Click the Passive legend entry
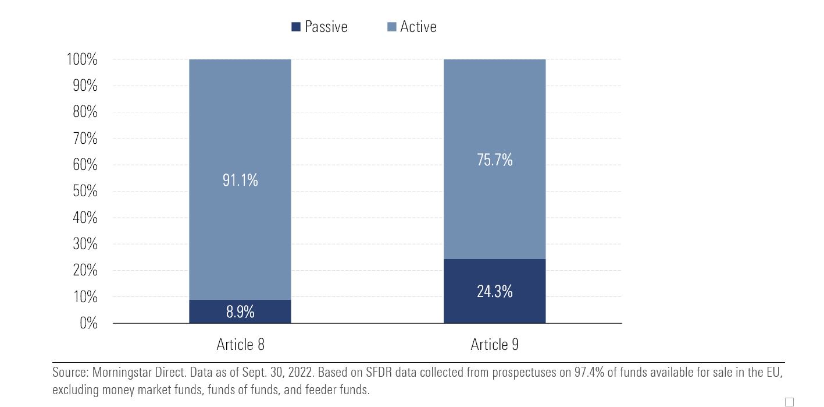pyautogui.click(x=319, y=27)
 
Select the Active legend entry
pyautogui.click(x=411, y=27)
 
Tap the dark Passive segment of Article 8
pyautogui.click(x=240, y=312)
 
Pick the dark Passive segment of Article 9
pyautogui.click(x=494, y=291)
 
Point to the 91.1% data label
pyautogui.click(x=240, y=181)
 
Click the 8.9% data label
pyautogui.click(x=240, y=312)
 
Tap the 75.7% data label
pyautogui.click(x=494, y=160)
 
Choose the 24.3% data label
pyautogui.click(x=494, y=291)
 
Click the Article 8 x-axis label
pyautogui.click(x=240, y=345)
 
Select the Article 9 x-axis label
pyautogui.click(x=494, y=345)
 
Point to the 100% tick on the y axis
pyautogui.click(x=82, y=59)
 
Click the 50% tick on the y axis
pyautogui.click(x=85, y=192)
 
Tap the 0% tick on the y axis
pyautogui.click(x=88, y=323)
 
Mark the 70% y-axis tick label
pyautogui.click(x=85, y=139)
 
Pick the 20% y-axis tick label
pyautogui.click(x=85, y=271)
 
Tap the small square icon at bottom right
pyautogui.click(x=789, y=402)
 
